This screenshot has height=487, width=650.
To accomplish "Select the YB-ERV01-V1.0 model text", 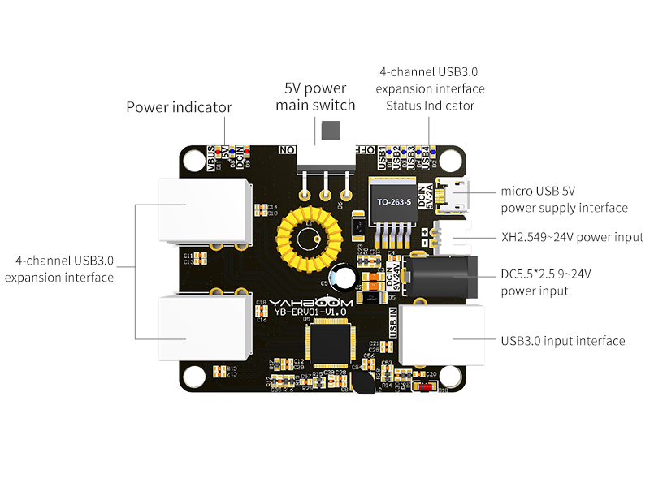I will (310, 311).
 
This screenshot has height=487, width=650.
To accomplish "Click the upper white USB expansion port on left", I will (203, 209).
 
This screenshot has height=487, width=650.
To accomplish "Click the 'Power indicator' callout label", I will (179, 107).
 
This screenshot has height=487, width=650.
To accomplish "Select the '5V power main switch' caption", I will (315, 97).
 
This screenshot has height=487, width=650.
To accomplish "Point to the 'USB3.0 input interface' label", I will (563, 341).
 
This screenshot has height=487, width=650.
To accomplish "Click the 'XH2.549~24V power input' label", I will (572, 237).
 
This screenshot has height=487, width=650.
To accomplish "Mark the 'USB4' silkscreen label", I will (424, 154).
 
